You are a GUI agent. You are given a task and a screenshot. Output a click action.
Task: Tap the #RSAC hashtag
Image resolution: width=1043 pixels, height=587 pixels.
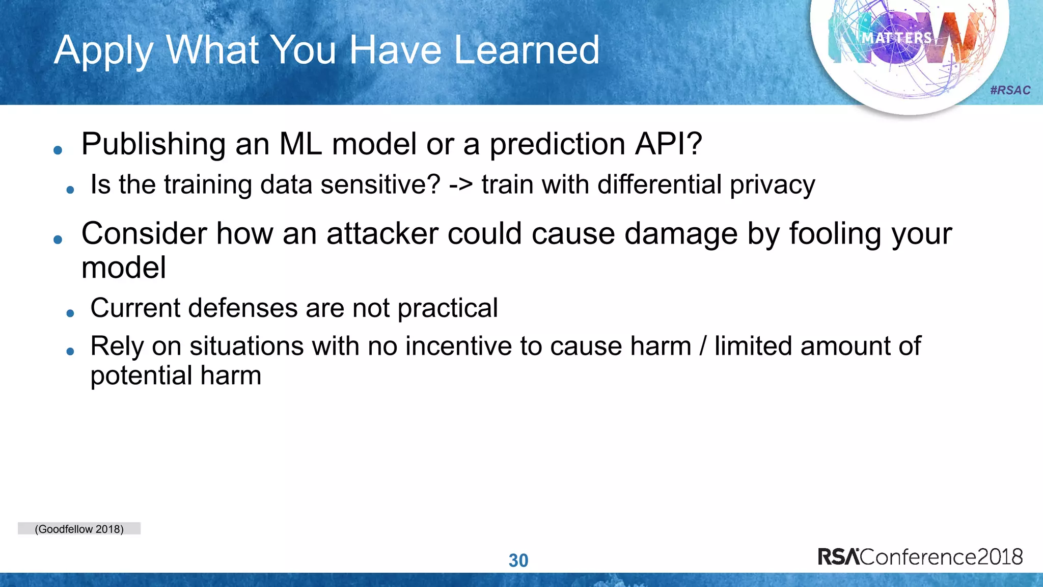(1010, 91)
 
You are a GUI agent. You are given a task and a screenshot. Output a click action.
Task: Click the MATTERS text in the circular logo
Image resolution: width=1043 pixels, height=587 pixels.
(896, 38)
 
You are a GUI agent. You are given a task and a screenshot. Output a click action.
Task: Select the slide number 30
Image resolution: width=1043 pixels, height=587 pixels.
(518, 561)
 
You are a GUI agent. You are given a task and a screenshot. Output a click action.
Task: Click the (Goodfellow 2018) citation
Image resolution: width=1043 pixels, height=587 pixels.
(79, 529)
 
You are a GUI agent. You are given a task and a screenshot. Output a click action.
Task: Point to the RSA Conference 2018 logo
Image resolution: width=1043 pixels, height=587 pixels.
(920, 556)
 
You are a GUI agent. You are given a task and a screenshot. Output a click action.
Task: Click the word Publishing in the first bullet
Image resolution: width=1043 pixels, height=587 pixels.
(153, 145)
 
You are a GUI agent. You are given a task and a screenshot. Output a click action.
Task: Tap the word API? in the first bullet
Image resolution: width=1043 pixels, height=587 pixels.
(668, 144)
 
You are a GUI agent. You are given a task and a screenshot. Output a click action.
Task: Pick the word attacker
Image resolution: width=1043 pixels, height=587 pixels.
(382, 234)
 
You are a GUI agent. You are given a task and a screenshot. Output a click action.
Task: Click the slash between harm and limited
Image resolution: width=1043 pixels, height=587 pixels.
(703, 346)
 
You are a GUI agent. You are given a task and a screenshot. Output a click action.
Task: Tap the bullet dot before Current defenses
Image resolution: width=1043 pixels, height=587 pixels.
(70, 313)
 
